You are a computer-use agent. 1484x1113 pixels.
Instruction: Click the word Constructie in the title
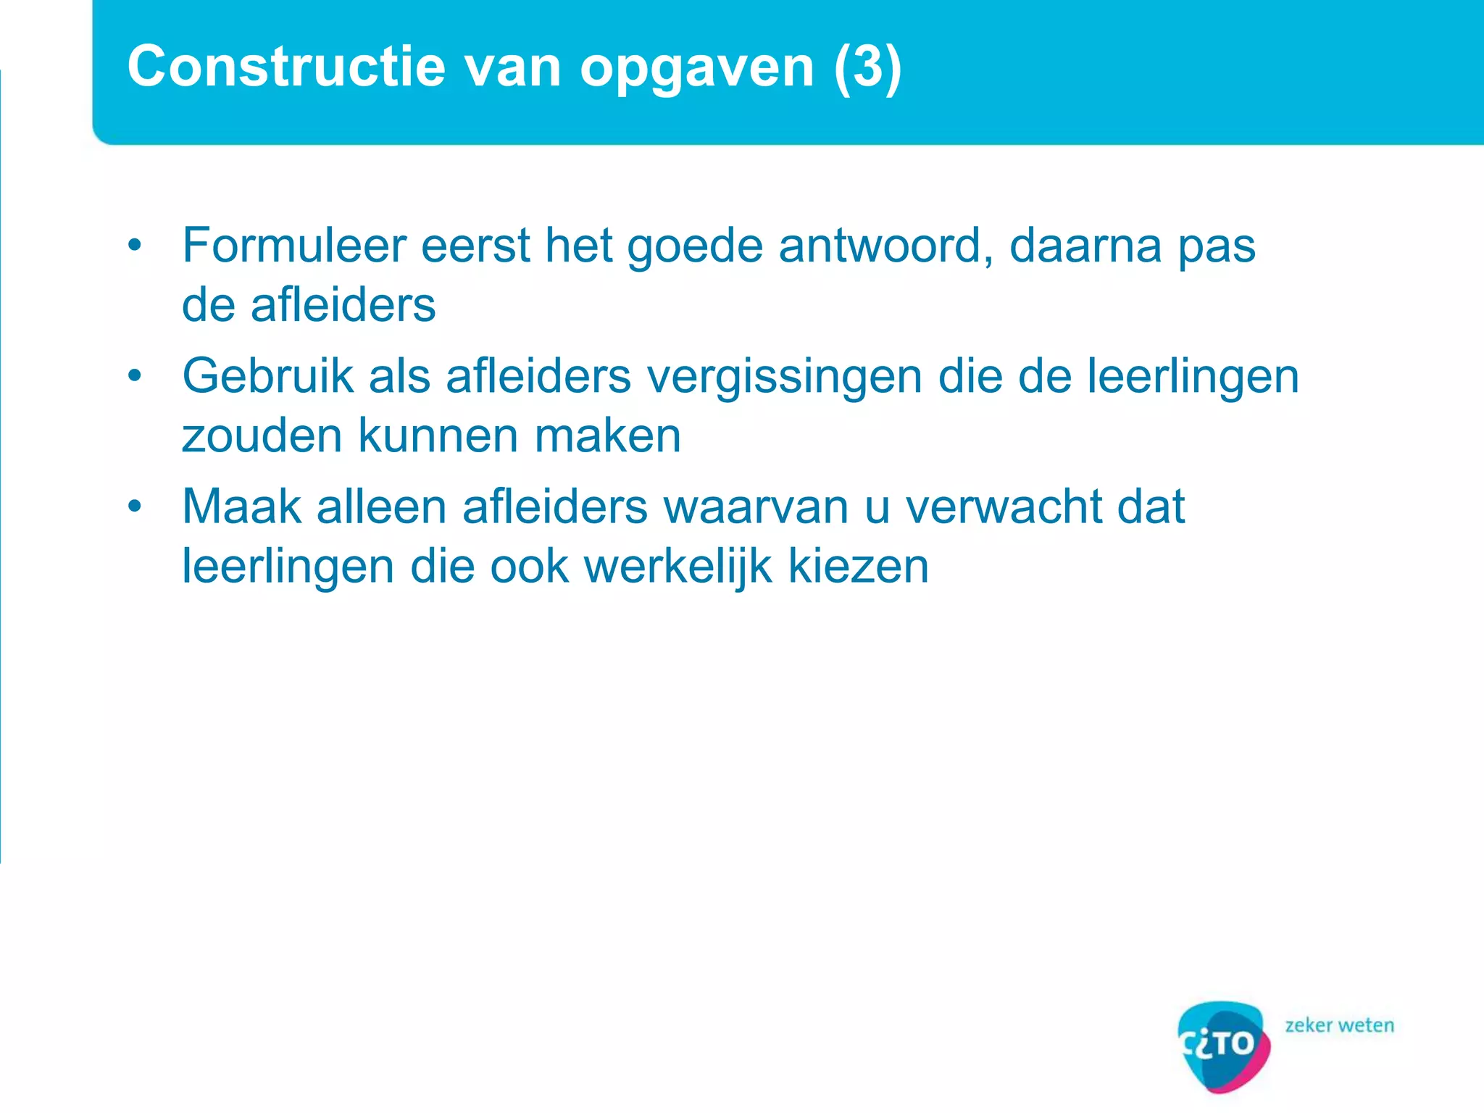(286, 67)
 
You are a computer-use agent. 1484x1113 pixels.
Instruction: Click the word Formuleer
(293, 245)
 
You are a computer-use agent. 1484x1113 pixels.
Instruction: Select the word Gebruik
(267, 377)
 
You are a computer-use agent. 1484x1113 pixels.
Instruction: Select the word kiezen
(858, 566)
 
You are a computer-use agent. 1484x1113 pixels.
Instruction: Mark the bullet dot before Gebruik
(135, 376)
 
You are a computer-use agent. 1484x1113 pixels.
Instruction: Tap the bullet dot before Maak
(135, 507)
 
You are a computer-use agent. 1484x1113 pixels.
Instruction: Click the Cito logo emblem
(1223, 1045)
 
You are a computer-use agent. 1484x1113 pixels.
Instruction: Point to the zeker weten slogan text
(1339, 1025)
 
